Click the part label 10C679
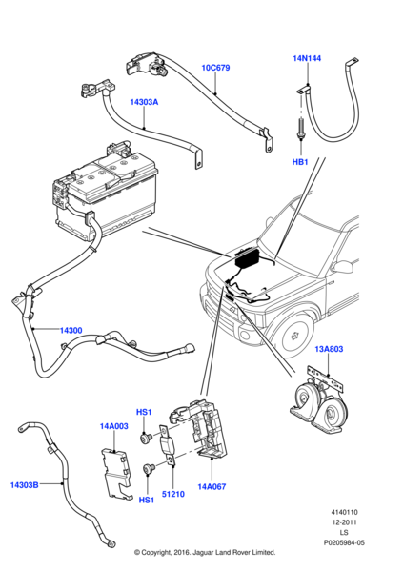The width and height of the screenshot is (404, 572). coord(215,69)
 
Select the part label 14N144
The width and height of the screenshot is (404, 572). coord(307,58)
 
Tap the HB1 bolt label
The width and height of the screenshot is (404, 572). coord(300,162)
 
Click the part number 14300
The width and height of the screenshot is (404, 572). coord(71,330)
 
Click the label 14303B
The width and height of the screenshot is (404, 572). coord(25,484)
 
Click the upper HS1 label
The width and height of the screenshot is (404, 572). coord(145,412)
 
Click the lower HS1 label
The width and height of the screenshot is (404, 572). coord(146,500)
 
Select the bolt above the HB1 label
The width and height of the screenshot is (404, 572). coord(300,129)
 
